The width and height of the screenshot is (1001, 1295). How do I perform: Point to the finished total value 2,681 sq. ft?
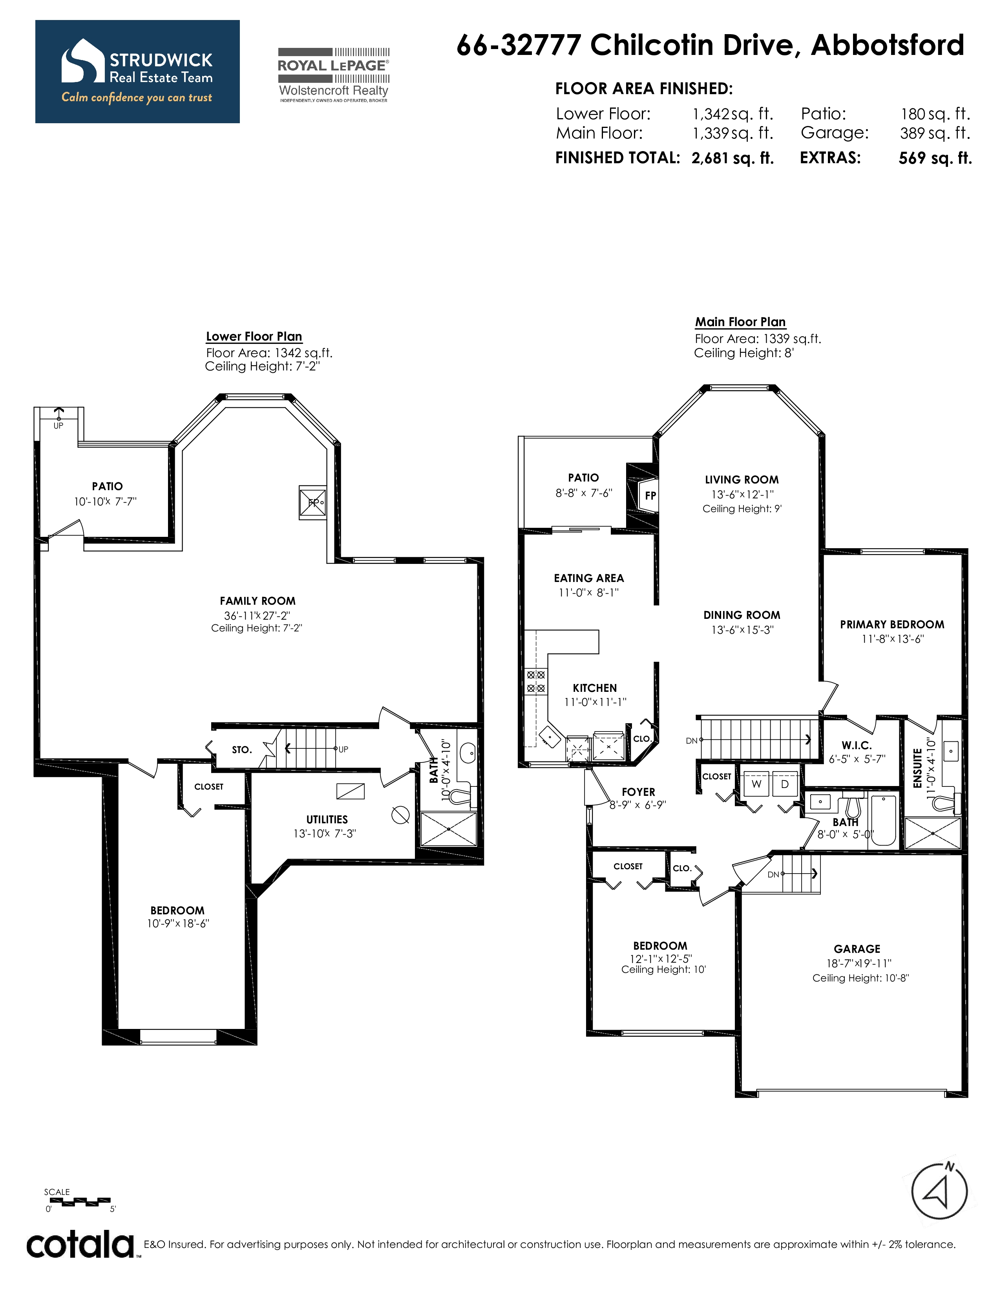[x=733, y=158]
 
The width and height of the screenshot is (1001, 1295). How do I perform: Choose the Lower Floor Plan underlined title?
[x=254, y=336]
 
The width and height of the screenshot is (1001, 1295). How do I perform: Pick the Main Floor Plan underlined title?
[x=741, y=322]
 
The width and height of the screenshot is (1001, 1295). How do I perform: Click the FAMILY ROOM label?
[x=258, y=601]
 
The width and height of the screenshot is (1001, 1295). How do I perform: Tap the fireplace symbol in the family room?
[x=312, y=503]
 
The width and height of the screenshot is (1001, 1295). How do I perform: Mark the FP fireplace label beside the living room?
[x=650, y=496]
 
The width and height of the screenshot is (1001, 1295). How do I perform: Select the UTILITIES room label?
[x=327, y=819]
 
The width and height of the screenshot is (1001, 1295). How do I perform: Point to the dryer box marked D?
[x=785, y=784]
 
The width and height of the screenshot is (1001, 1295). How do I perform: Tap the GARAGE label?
[x=857, y=949]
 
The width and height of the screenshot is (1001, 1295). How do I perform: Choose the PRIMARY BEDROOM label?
[x=892, y=624]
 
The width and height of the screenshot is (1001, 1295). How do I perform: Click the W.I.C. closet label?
[x=856, y=745]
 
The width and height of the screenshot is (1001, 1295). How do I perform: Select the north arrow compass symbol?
[x=939, y=1191]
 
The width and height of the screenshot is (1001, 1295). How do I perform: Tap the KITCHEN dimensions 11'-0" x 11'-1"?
[x=595, y=702]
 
